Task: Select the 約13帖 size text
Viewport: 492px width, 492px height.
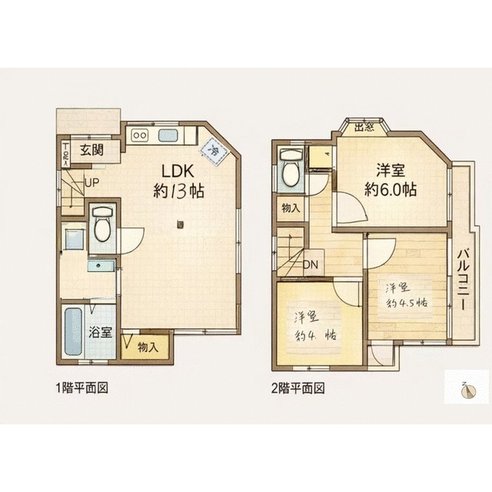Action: tap(178, 192)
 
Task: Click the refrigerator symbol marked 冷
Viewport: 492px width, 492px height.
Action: tap(214, 150)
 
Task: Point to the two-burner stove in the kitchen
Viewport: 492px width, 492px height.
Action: tap(140, 136)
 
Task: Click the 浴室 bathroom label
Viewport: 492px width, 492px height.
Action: tap(101, 333)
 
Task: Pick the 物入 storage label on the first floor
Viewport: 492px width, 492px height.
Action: tap(148, 347)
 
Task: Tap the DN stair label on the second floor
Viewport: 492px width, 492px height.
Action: tap(313, 266)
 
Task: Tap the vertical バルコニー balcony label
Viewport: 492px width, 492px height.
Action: tap(464, 278)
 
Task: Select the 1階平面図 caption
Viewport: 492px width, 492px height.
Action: tap(81, 388)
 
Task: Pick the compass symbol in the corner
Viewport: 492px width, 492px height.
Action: tap(467, 391)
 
